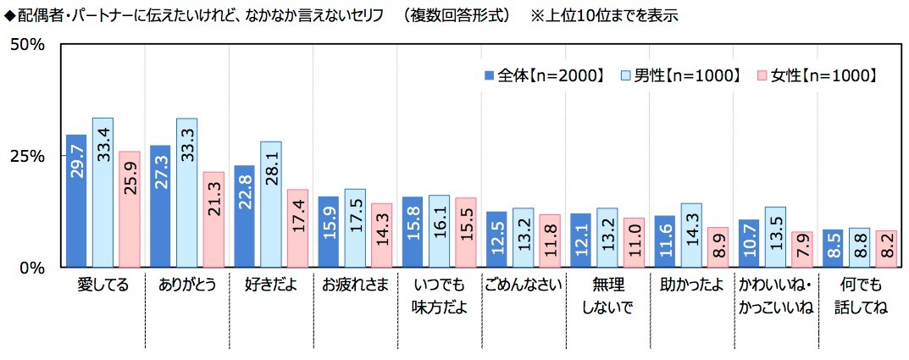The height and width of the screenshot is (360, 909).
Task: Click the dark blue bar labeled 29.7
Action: (x=76, y=201)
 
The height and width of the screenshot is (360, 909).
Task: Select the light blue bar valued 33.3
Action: (x=186, y=193)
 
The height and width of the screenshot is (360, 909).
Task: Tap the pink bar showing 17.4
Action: (x=297, y=228)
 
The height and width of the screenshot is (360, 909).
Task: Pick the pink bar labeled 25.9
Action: (x=130, y=209)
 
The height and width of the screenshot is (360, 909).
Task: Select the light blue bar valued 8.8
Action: (x=859, y=247)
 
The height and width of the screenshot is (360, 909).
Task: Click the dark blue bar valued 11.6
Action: (x=664, y=241)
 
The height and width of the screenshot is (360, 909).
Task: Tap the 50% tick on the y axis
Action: (x=27, y=45)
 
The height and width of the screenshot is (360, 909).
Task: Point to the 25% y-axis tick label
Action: (x=27, y=156)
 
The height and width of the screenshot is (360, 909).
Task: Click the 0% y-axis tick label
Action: (x=32, y=268)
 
